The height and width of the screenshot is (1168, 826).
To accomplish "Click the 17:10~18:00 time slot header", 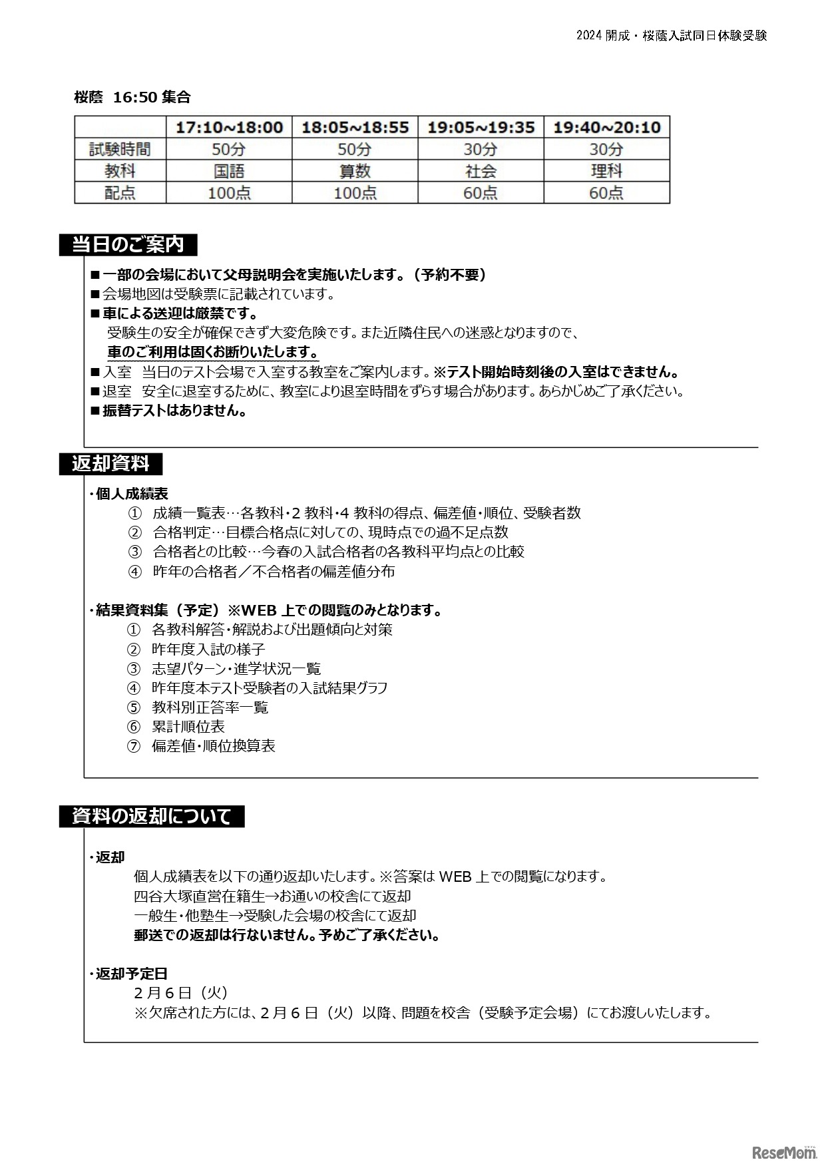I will pos(229,127).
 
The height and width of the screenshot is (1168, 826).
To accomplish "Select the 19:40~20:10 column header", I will pos(606,127).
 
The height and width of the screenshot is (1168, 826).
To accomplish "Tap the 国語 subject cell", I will pos(229,171).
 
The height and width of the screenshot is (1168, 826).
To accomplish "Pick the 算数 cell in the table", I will pos(355,171).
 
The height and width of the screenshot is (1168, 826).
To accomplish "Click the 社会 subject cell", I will pos(481,171).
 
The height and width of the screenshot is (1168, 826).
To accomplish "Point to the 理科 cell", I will pos(606,171).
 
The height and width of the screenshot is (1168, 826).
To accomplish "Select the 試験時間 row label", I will pos(120,149).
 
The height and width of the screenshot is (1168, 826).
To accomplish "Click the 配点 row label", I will pos(120,193).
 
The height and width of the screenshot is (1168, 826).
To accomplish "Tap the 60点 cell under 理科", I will pos(606,193).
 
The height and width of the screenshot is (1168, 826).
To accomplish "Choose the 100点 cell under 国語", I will pos(229,193).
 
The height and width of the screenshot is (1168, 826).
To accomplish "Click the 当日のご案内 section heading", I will pos(128,244).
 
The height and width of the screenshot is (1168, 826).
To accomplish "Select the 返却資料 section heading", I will pos(110,463).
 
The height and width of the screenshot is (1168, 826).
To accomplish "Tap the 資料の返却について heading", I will pos(152,816).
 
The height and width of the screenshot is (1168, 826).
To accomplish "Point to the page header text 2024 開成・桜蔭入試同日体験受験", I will pos(672,36).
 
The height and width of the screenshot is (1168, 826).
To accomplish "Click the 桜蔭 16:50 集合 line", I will pos(132,97).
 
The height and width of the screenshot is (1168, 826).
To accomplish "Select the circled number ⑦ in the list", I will pos(134,746).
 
